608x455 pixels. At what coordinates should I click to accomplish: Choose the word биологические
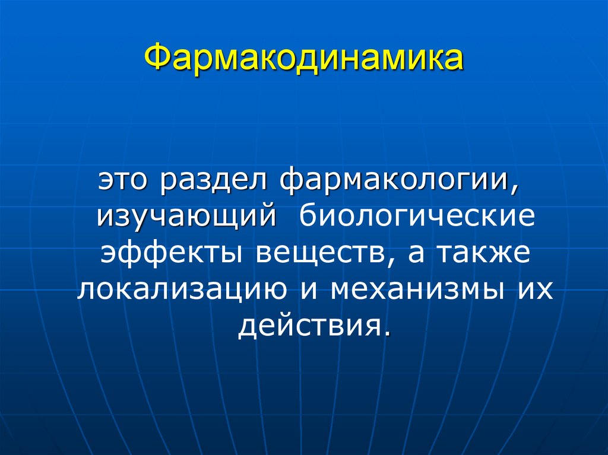click(417, 216)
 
